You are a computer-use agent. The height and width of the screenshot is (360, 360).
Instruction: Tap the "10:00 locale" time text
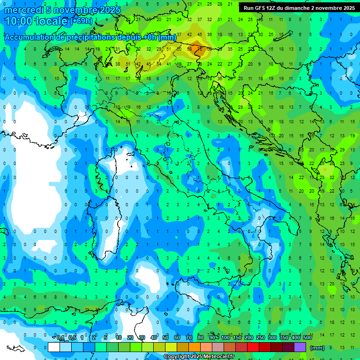(x=36, y=21)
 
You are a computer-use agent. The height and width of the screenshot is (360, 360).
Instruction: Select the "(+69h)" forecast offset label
(x=81, y=21)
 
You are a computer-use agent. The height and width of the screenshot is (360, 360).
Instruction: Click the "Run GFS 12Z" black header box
(x=299, y=8)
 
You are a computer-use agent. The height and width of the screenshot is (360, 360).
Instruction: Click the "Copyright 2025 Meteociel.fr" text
(x=199, y=357)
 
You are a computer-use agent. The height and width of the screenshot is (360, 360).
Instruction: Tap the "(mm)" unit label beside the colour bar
(x=317, y=348)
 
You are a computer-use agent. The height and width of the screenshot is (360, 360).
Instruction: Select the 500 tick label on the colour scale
(x=307, y=337)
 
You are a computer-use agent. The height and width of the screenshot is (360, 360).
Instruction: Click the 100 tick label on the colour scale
(x=225, y=337)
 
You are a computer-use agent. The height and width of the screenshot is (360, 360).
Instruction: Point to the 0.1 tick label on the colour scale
(x=60, y=337)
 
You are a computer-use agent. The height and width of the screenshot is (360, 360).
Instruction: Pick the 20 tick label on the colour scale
(x=130, y=337)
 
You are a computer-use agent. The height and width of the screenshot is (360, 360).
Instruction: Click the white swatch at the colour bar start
(x=54, y=347)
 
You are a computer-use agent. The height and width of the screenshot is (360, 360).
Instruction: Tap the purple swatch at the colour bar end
(x=300, y=347)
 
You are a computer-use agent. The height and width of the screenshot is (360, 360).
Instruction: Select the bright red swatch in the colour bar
(x=253, y=347)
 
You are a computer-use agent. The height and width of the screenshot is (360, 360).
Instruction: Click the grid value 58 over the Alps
(x=190, y=49)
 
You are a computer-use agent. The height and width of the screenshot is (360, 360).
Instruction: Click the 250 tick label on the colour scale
(x=260, y=337)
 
